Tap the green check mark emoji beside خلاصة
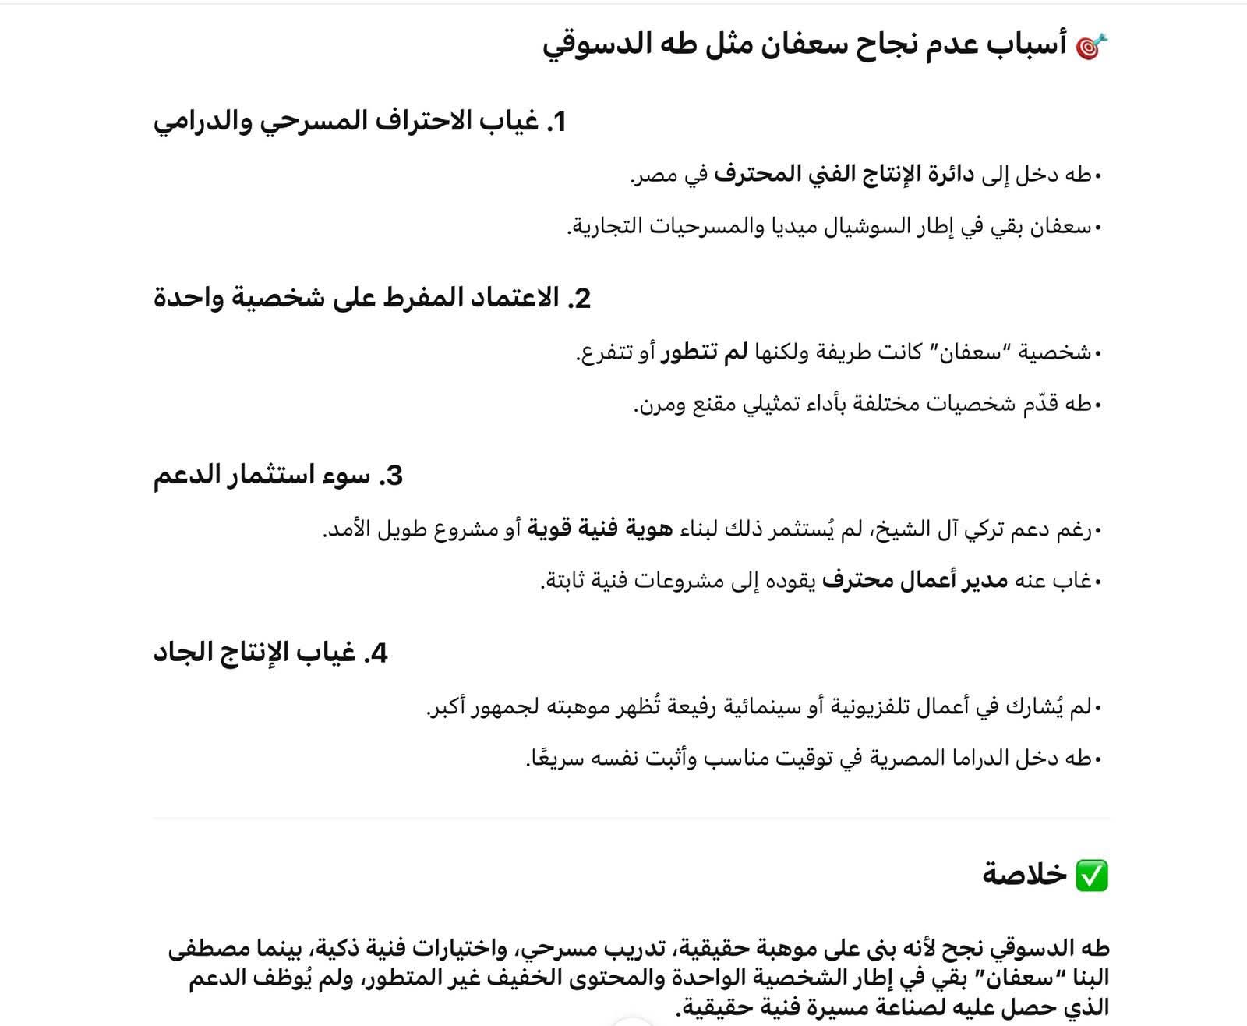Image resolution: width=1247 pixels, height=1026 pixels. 1091,876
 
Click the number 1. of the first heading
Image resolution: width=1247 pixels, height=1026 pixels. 556,122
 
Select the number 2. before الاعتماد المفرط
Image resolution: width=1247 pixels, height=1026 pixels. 580,299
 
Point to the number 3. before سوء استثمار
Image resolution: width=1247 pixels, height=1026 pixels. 391,476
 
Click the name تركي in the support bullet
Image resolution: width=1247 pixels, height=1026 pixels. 985,530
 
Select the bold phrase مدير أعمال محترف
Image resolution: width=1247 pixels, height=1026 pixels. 915,582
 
